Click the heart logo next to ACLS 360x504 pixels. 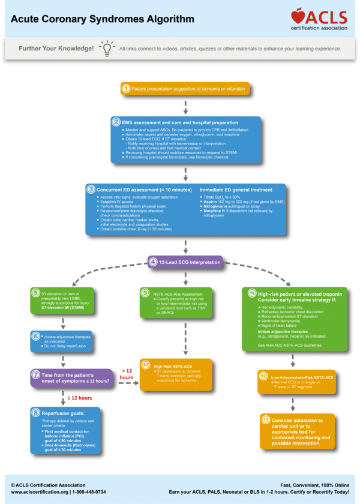pos(298,16)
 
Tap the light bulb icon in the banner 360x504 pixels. pos(107,48)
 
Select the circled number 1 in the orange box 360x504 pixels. pos(126,89)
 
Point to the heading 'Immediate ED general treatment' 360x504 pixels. pos(236,190)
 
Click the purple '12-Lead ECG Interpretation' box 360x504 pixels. pos(185,262)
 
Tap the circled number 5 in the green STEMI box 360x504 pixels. pos(35,293)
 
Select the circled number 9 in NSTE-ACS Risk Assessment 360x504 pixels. pos(145,293)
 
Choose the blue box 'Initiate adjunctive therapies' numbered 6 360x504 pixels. pos(62,340)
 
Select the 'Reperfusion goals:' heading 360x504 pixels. pos(68,414)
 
